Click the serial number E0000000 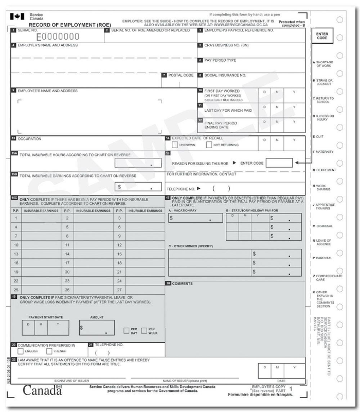coord(58,37)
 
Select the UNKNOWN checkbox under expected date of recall coord(175,145)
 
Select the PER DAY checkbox coord(127,330)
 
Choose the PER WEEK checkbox coord(144,330)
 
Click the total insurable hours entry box coord(135,164)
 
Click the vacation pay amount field coord(195,218)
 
